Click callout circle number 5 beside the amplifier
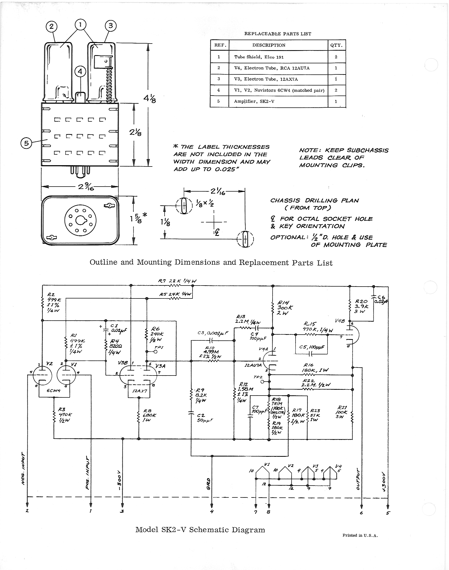click(x=26, y=143)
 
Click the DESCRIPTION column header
click(x=269, y=45)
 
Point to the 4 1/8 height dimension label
click(x=149, y=99)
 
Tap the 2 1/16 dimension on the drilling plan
click(x=218, y=192)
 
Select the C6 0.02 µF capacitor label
click(x=380, y=300)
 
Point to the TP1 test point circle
click(x=156, y=352)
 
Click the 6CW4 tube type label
click(x=54, y=391)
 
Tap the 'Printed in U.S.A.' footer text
click(x=360, y=535)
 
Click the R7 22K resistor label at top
click(x=177, y=281)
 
